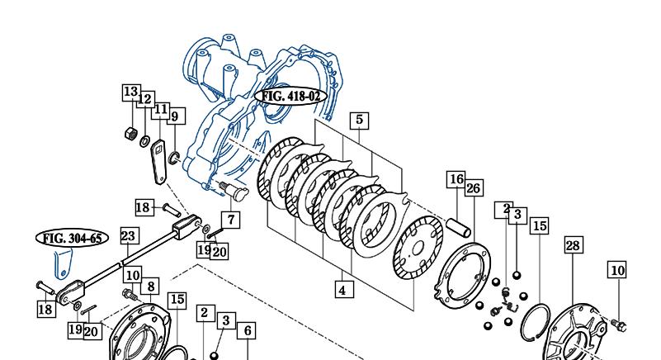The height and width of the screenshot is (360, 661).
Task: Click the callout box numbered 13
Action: click(x=130, y=92)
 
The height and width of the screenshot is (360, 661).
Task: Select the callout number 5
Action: click(x=359, y=121)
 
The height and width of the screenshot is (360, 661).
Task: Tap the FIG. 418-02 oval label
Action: click(x=290, y=97)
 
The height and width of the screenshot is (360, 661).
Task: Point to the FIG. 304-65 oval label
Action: click(x=72, y=239)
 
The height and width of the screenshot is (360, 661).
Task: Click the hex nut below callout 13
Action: click(x=131, y=134)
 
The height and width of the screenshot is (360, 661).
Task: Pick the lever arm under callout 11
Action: click(x=159, y=162)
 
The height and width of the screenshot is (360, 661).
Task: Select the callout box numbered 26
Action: click(x=474, y=187)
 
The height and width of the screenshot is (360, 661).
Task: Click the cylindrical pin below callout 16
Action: click(x=458, y=228)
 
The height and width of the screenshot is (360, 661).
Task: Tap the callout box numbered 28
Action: click(x=574, y=245)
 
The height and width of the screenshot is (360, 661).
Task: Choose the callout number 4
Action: click(x=342, y=291)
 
